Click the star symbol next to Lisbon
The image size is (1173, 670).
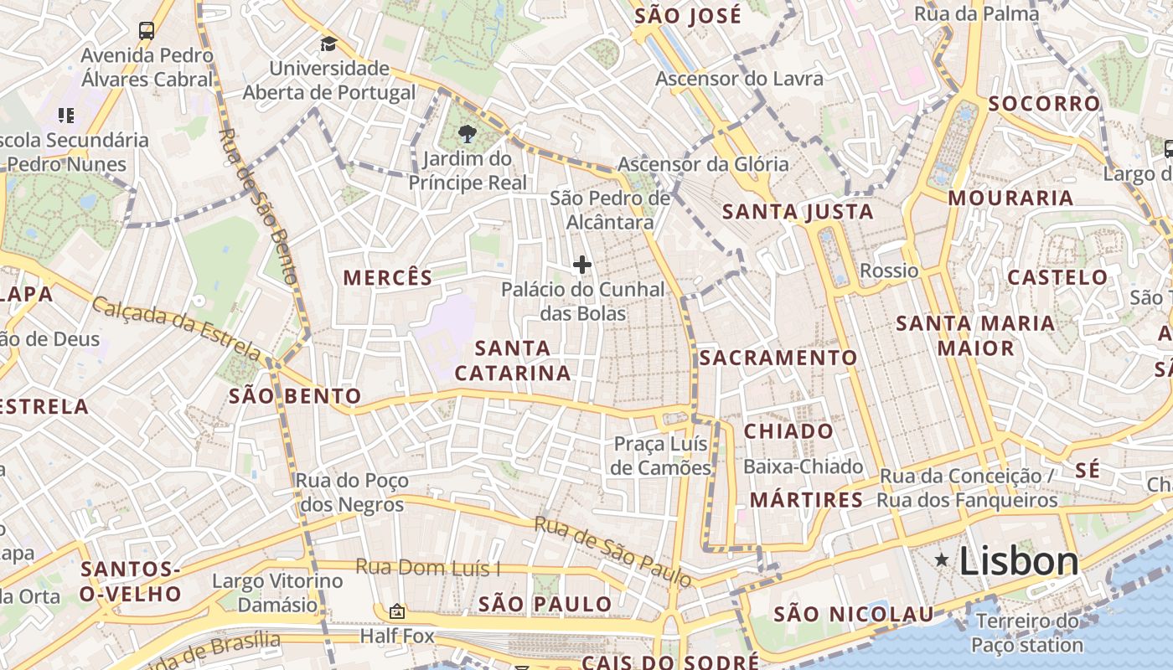click(942, 559)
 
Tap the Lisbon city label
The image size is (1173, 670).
click(1019, 560)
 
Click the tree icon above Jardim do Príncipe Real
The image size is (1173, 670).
click(468, 133)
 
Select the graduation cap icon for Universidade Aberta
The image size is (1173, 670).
click(328, 44)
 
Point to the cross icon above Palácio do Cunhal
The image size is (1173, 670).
click(582, 265)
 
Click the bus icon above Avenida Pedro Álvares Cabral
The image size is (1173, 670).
click(147, 31)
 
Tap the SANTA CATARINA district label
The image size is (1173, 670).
click(513, 360)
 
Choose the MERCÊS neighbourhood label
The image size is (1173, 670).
click(388, 278)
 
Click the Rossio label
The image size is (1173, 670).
click(889, 271)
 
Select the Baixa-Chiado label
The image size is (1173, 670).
click(803, 466)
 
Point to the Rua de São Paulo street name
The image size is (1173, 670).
click(612, 552)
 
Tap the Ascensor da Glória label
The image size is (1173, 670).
click(703, 164)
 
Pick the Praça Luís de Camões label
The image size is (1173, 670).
click(660, 456)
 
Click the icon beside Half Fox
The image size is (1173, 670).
click(397, 612)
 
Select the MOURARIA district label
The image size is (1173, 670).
click(1010, 198)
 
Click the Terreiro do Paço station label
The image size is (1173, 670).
click(1027, 633)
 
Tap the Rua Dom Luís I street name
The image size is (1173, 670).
click(427, 567)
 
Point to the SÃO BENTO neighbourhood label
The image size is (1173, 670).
click(295, 396)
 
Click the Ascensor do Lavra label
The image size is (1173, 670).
click(739, 79)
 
